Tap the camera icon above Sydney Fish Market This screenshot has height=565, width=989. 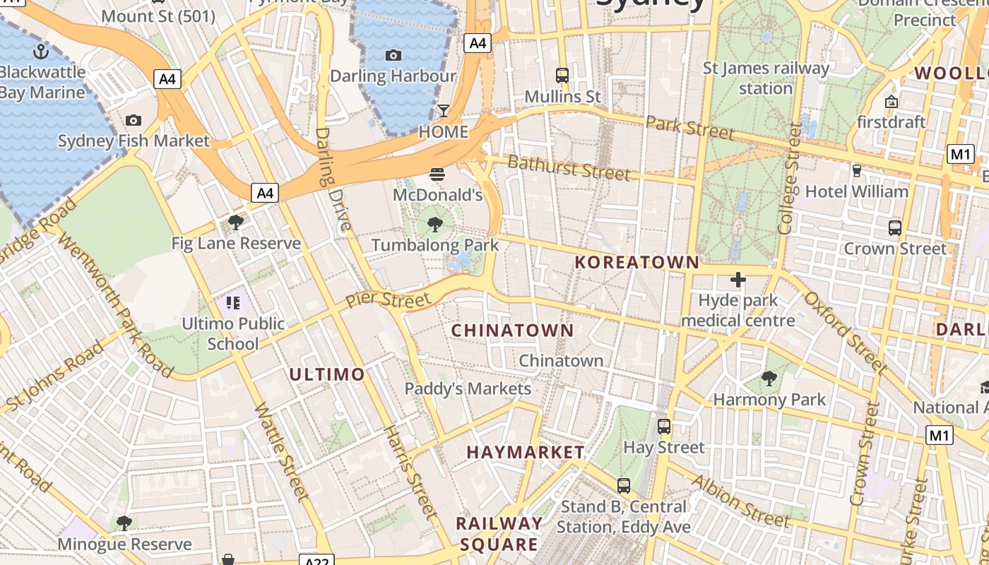(x=134, y=120)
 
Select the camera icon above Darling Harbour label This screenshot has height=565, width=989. (x=393, y=55)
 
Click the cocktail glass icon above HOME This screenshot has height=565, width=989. (x=444, y=110)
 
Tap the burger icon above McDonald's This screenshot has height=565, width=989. (x=437, y=174)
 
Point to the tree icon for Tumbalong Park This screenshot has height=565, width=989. (x=435, y=225)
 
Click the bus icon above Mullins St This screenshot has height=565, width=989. (x=562, y=75)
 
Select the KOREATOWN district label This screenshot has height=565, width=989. (x=636, y=263)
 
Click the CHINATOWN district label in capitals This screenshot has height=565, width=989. (x=512, y=331)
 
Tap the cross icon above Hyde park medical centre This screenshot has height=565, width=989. (x=738, y=280)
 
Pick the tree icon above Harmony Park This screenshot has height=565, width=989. (x=769, y=379)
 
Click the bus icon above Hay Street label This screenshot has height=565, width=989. (x=664, y=426)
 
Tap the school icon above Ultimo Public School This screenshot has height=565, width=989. (x=233, y=303)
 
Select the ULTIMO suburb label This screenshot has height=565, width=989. (x=327, y=374)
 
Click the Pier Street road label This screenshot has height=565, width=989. (x=388, y=299)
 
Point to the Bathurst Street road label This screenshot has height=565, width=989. (x=569, y=168)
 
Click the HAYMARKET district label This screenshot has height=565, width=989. (x=526, y=452)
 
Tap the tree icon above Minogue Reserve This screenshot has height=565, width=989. (x=124, y=523)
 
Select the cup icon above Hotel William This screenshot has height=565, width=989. (x=856, y=170)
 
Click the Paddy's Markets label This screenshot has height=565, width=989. (x=468, y=388)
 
